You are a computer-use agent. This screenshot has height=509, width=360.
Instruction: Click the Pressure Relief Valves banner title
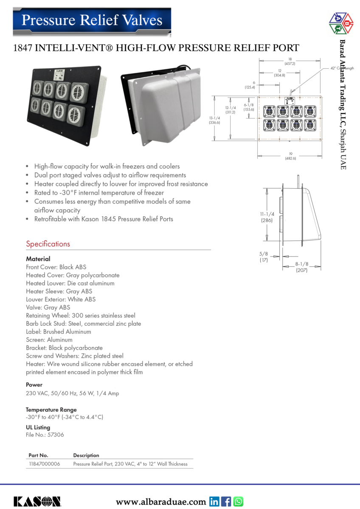pos(92,20)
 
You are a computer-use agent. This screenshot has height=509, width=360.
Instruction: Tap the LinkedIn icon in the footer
pos(214,501)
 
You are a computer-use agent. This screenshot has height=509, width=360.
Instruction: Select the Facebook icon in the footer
pos(227,501)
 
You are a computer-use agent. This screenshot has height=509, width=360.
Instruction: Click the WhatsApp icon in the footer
pos(239,501)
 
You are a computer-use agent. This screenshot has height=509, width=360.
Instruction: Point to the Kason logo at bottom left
pos(37,501)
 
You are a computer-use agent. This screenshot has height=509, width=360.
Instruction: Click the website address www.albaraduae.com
pos(161,502)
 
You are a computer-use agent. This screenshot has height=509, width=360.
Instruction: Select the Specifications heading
pos(48,244)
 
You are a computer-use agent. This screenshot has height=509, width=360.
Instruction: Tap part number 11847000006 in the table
pos(44,464)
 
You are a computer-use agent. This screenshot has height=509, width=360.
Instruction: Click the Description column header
pos(86,455)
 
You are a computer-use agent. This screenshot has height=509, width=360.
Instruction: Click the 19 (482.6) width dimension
pos(290,156)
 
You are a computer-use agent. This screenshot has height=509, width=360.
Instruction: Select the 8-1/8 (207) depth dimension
pos(302,267)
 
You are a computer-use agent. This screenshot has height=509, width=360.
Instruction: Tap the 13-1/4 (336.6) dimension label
pos(214,120)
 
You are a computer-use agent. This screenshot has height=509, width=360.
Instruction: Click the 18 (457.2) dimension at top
pos(290,61)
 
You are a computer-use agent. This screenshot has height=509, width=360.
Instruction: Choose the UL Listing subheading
pos(38,427)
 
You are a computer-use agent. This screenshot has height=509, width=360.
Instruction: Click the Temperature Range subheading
pos(51,409)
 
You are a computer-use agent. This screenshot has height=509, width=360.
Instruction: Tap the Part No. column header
pos(38,455)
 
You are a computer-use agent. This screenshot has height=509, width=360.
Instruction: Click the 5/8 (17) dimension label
pos(264,257)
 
